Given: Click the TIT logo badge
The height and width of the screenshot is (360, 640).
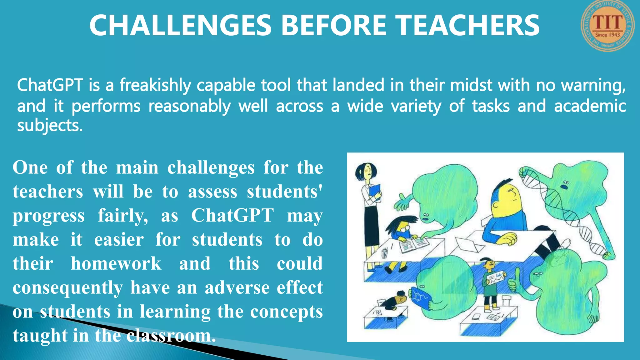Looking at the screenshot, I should (607, 26).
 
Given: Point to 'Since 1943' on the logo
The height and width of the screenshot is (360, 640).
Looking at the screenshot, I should (607, 35).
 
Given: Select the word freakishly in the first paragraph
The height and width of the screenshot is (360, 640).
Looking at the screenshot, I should (155, 86).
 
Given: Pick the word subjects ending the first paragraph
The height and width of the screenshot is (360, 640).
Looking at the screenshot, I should (50, 126).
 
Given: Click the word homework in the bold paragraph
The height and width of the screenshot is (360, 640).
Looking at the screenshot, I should (116, 263).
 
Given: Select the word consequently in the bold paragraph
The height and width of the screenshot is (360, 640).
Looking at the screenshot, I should (68, 287).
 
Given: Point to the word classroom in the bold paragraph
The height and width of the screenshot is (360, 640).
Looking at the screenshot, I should (171, 336).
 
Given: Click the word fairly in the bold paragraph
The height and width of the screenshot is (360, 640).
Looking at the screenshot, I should (123, 216).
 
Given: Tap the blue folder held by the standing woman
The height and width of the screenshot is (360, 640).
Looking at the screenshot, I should (375, 191).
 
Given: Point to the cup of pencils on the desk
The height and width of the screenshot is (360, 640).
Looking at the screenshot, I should (384, 252).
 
